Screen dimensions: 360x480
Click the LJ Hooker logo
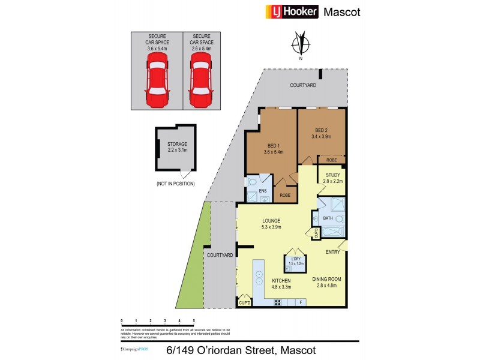291,11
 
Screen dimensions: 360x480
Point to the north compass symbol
301,46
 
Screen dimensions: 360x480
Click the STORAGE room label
177,144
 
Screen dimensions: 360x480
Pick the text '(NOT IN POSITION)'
175,183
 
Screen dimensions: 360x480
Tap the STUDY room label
332,175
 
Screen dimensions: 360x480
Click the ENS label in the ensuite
262,191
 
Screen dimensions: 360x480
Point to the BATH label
328,218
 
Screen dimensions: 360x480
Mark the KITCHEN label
281,281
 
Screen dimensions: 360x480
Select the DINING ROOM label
328,279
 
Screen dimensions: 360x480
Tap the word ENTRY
334,252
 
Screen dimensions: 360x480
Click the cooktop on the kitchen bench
278,302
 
